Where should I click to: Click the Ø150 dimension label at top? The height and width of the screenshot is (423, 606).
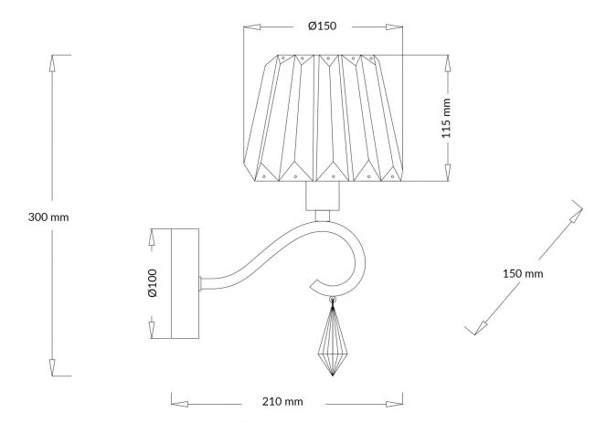(x=323, y=26)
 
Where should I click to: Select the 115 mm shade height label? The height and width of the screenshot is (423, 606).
(x=446, y=118)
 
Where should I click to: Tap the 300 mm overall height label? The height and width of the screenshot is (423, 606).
(x=48, y=217)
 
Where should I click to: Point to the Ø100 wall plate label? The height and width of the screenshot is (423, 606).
(x=153, y=283)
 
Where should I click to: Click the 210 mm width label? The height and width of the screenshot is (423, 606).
(x=282, y=402)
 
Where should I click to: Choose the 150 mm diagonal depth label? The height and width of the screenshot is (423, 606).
(x=523, y=273)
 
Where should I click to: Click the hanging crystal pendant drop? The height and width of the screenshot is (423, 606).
(x=333, y=338)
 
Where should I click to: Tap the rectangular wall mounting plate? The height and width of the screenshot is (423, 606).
(x=186, y=283)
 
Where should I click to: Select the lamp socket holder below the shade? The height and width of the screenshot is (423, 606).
(x=323, y=196)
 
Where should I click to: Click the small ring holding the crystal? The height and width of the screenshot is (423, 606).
(x=333, y=299)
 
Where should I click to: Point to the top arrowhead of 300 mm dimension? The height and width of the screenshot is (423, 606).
(x=52, y=63)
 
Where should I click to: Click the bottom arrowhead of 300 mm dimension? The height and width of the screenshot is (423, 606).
(x=52, y=367)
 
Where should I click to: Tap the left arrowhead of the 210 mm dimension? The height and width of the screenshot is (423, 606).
(x=180, y=404)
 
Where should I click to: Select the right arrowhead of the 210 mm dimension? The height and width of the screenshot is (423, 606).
(x=394, y=404)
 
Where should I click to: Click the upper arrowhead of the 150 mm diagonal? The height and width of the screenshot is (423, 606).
(x=576, y=216)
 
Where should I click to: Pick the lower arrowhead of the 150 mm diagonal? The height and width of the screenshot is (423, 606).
(x=481, y=328)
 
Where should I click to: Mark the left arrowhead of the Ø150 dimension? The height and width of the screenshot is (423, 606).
(x=252, y=27)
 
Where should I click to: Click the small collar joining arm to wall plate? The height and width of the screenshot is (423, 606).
(x=200, y=283)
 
